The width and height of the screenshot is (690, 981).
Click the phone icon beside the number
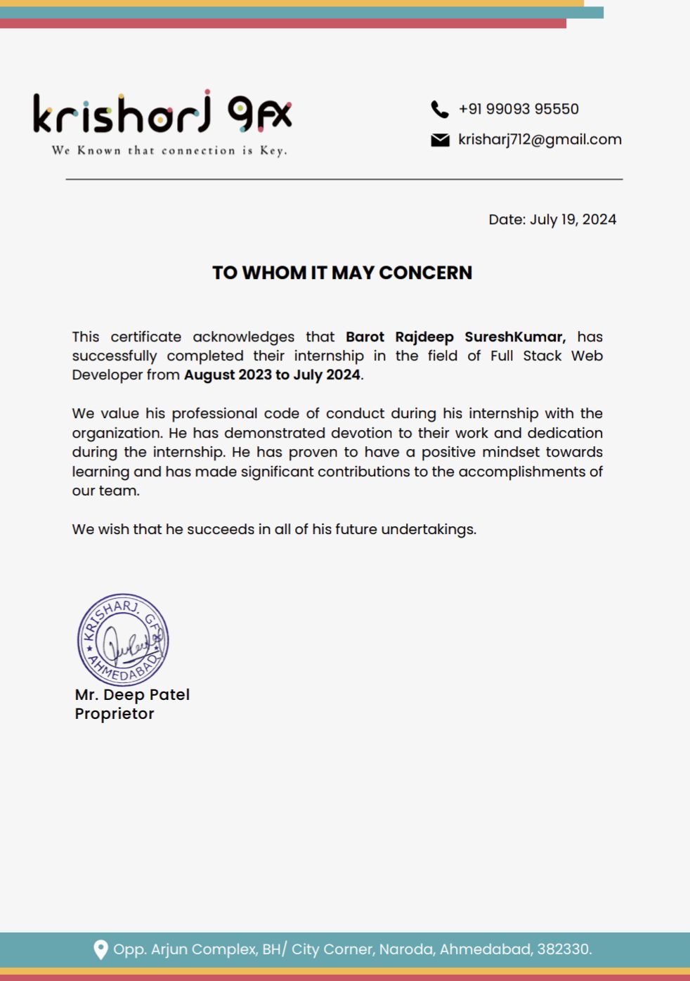point(440,110)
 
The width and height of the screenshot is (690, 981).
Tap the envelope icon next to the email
point(440,140)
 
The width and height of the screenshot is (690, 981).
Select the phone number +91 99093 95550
point(519,109)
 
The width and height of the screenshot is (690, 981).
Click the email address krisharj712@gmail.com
point(540,139)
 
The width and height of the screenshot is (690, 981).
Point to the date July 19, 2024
point(573,219)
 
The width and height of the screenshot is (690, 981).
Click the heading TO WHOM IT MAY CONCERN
point(342,273)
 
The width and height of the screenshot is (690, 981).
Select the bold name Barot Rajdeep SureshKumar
point(455,337)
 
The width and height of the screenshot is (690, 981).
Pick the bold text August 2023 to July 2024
point(272,375)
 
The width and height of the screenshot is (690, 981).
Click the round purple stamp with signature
point(123,639)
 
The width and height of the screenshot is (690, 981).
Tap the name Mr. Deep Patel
point(132,694)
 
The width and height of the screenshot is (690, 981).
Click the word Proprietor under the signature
point(115,713)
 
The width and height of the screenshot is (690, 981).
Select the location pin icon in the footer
point(101,949)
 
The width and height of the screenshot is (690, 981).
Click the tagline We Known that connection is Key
point(169,150)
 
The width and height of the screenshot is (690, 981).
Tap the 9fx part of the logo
point(259,114)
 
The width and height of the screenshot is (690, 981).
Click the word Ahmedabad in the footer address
point(486,949)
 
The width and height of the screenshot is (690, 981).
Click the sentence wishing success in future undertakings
point(274,529)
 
